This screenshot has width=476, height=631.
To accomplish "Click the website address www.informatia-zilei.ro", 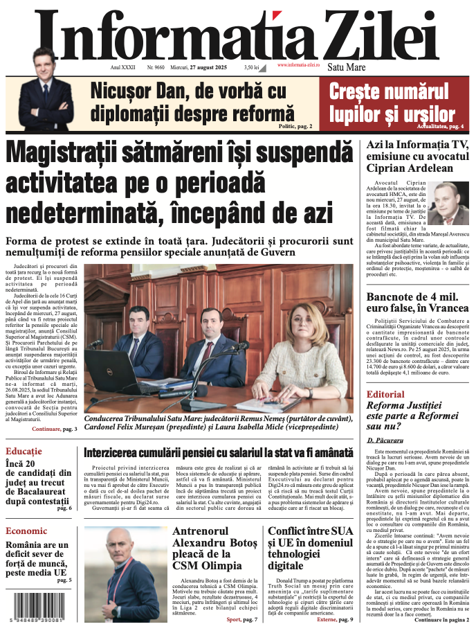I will [298, 64].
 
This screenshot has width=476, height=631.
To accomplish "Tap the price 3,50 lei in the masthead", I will [251, 68].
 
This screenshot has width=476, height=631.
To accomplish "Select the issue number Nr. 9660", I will [155, 68].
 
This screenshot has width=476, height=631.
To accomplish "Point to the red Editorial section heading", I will [385, 394].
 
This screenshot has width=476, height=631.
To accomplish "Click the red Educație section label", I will [24, 451].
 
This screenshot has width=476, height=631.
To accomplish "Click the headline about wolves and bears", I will [389, 102].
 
